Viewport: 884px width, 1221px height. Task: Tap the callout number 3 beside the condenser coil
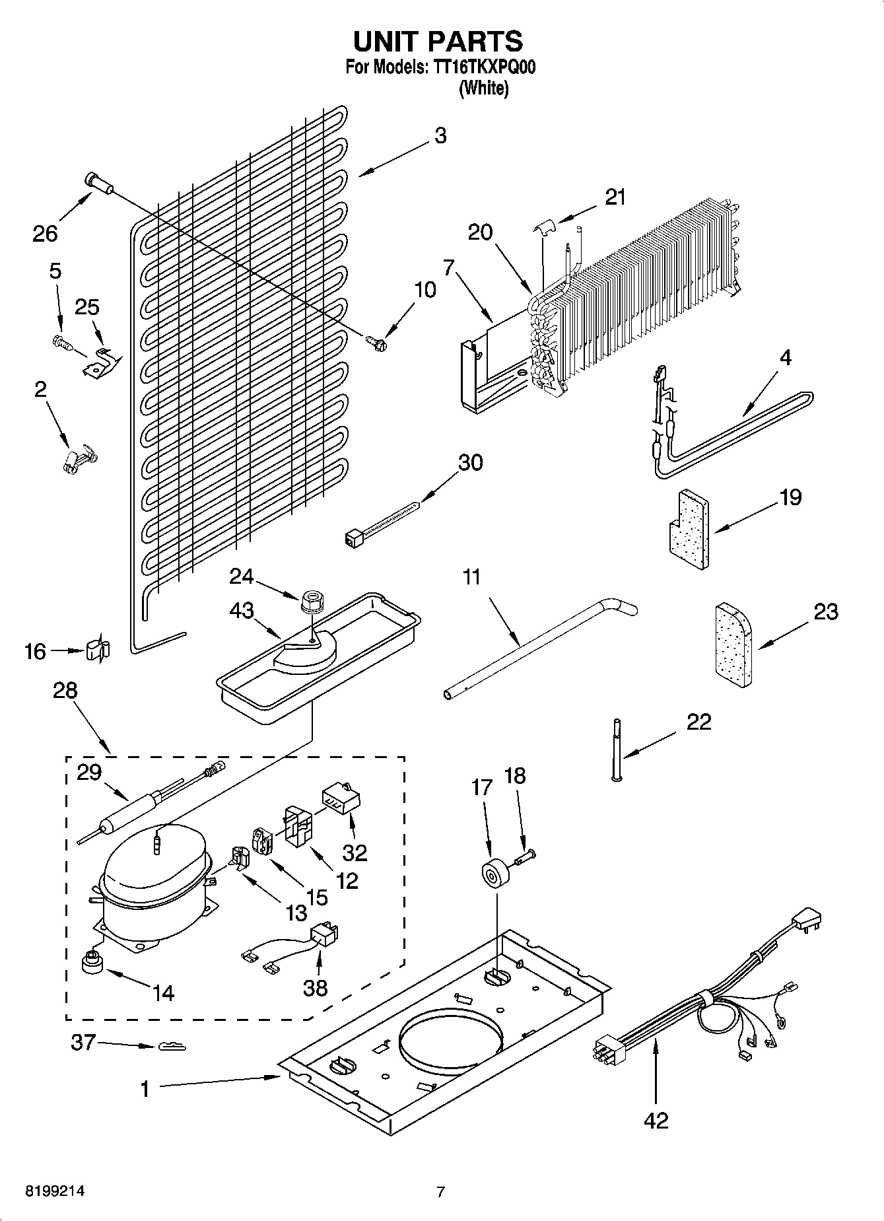(440, 135)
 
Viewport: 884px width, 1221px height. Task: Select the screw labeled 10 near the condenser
(377, 341)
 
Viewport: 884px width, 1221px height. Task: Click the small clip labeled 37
(172, 1047)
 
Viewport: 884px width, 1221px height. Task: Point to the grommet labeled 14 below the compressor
(92, 963)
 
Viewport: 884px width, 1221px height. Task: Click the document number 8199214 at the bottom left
(55, 1191)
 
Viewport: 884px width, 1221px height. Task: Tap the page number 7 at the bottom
(441, 1192)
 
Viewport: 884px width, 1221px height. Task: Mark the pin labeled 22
(617, 750)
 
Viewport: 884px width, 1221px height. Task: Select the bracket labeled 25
(101, 362)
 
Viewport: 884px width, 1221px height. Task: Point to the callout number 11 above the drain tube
(471, 576)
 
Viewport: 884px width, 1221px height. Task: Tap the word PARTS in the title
(475, 42)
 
